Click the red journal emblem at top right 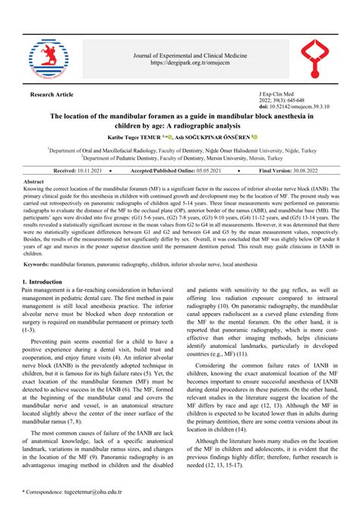[311, 59]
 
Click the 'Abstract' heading [34, 183]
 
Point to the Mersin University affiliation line [180, 159]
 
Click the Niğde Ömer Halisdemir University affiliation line [180, 151]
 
